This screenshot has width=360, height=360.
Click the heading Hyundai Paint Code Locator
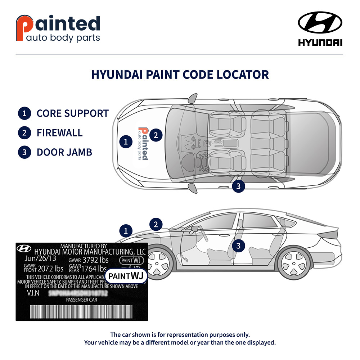point(180,75)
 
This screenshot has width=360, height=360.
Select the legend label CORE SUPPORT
point(72,113)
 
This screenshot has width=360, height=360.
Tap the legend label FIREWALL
point(59,132)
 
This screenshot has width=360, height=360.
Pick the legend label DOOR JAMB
point(64,152)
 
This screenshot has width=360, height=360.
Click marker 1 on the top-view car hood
point(125,141)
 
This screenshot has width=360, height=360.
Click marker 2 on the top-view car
point(156,135)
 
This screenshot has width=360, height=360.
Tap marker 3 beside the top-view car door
point(238,186)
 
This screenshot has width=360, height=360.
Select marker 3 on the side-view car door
point(238,246)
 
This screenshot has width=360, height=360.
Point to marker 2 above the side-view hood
point(156,224)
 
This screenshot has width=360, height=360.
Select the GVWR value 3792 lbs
point(95,260)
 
